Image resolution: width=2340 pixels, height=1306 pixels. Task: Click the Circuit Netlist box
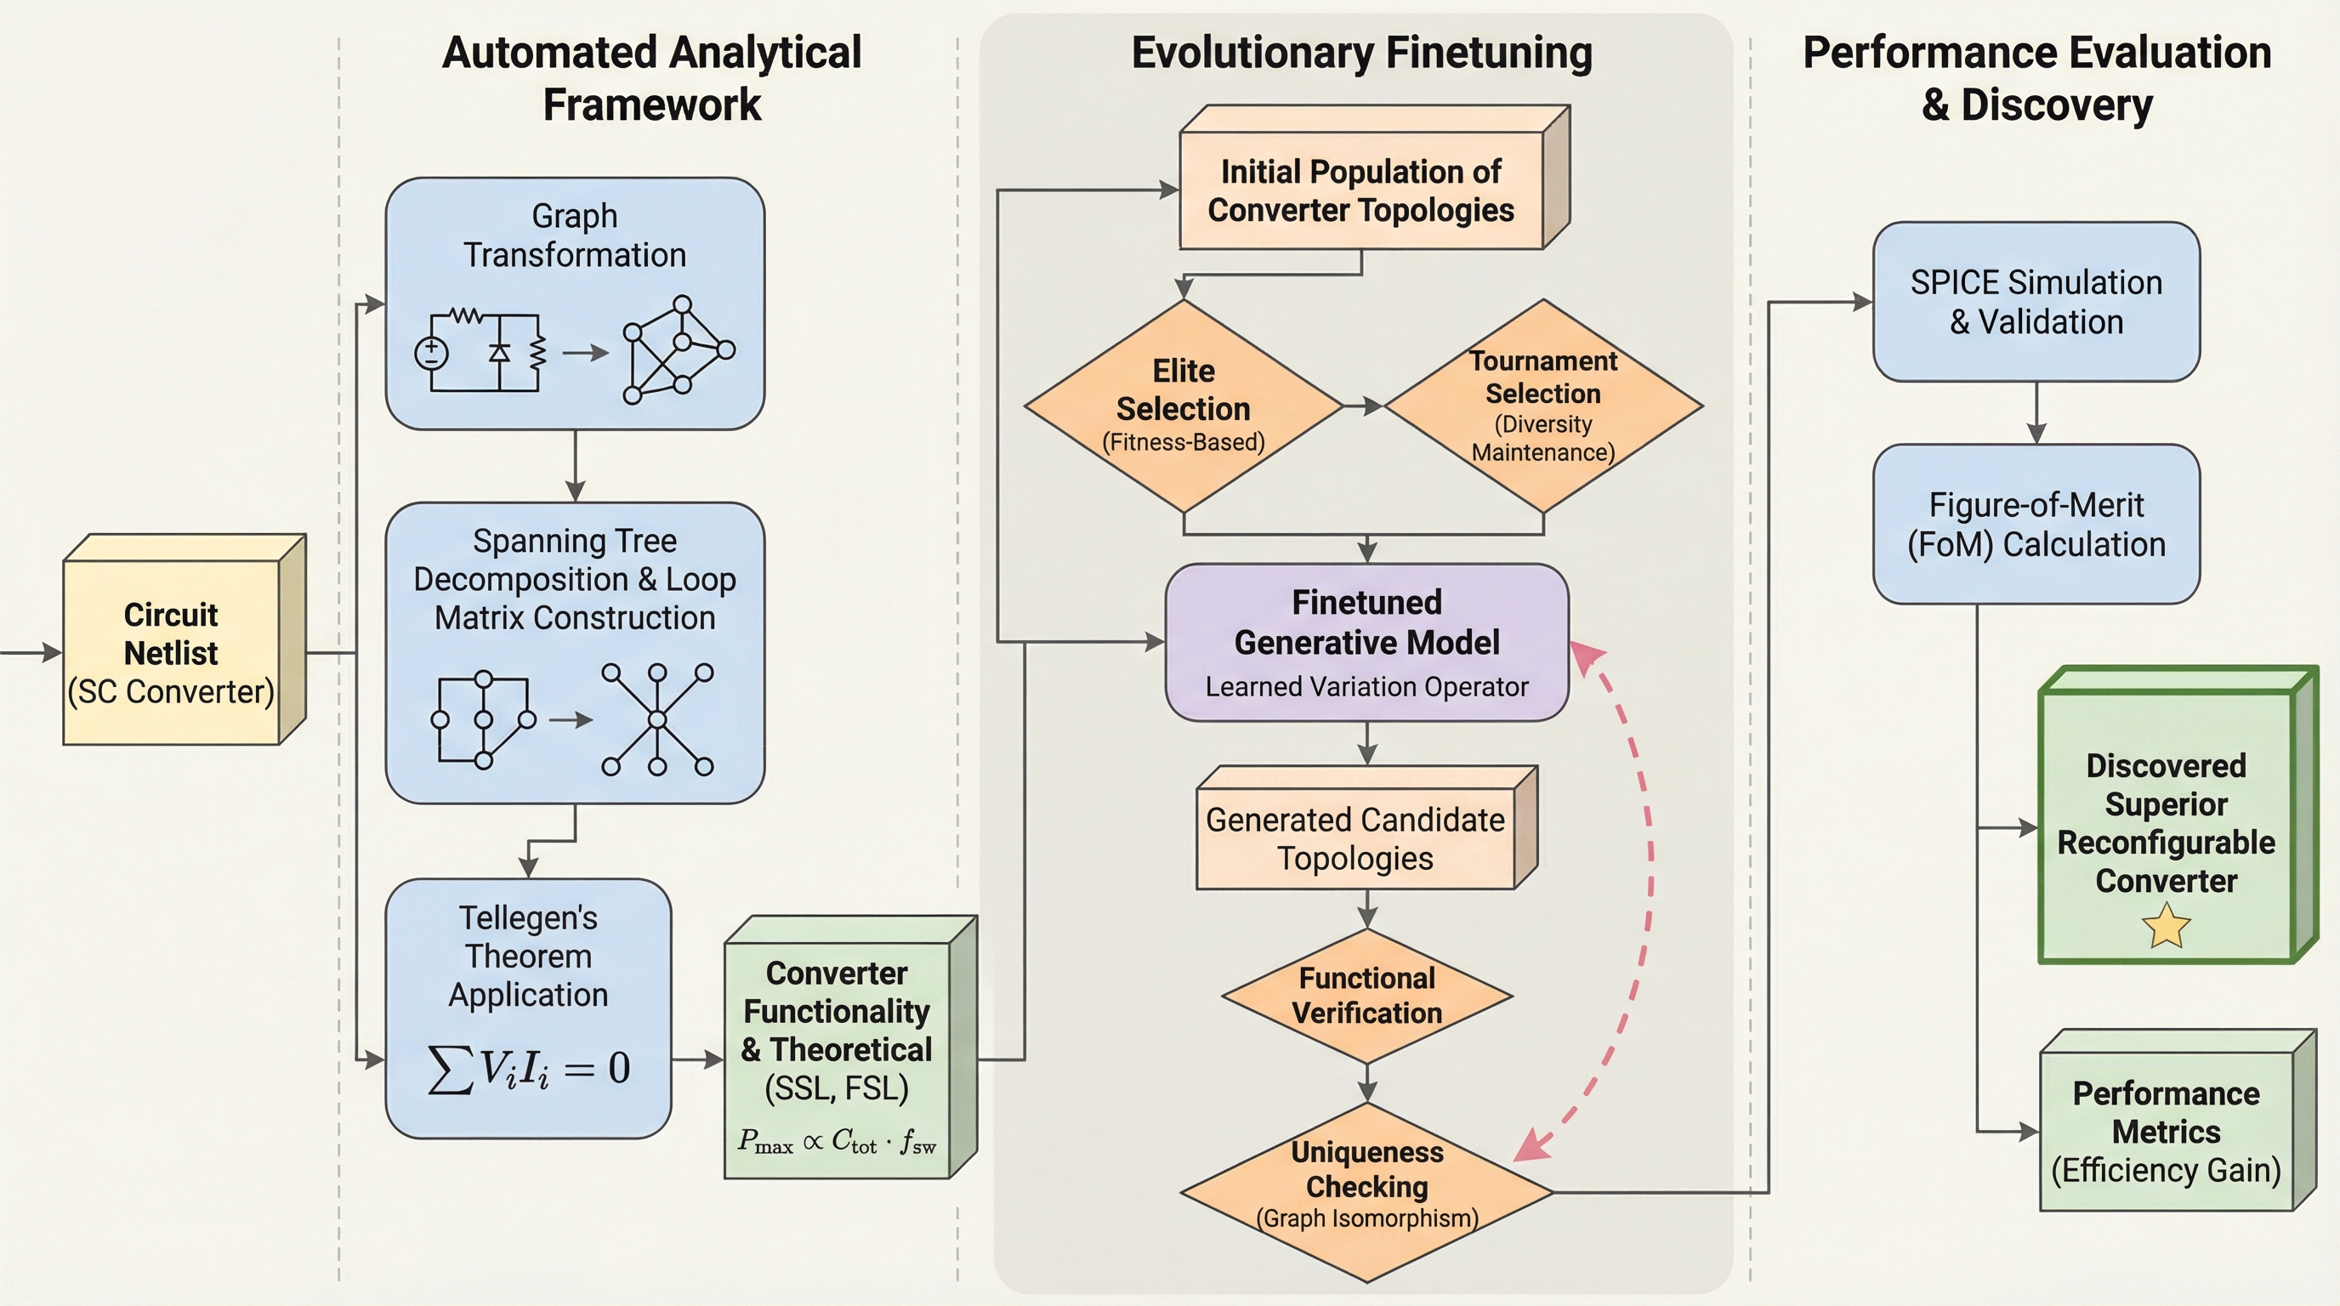click(171, 652)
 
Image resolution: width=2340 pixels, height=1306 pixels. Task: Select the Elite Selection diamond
click(1183, 406)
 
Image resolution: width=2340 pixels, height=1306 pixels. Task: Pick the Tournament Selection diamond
click(1542, 406)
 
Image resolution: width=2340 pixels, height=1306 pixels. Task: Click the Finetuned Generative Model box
click(1366, 642)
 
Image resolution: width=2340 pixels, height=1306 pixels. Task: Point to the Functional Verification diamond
click(1366, 996)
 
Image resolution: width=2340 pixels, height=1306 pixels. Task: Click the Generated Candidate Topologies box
click(1355, 838)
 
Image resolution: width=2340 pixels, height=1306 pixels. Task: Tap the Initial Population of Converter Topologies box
click(1360, 190)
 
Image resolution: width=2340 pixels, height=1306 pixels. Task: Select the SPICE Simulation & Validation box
click(2036, 302)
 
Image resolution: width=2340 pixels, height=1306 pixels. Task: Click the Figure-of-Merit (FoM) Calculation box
click(2036, 524)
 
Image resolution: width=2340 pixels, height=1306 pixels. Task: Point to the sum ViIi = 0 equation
click(528, 1068)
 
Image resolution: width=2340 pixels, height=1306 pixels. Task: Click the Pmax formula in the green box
click(837, 1142)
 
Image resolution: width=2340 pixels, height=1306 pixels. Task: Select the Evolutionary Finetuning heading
click(1360, 53)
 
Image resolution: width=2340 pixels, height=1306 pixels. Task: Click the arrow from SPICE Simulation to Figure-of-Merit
click(2036, 413)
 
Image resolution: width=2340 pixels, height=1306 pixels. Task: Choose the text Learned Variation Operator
click(1366, 687)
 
